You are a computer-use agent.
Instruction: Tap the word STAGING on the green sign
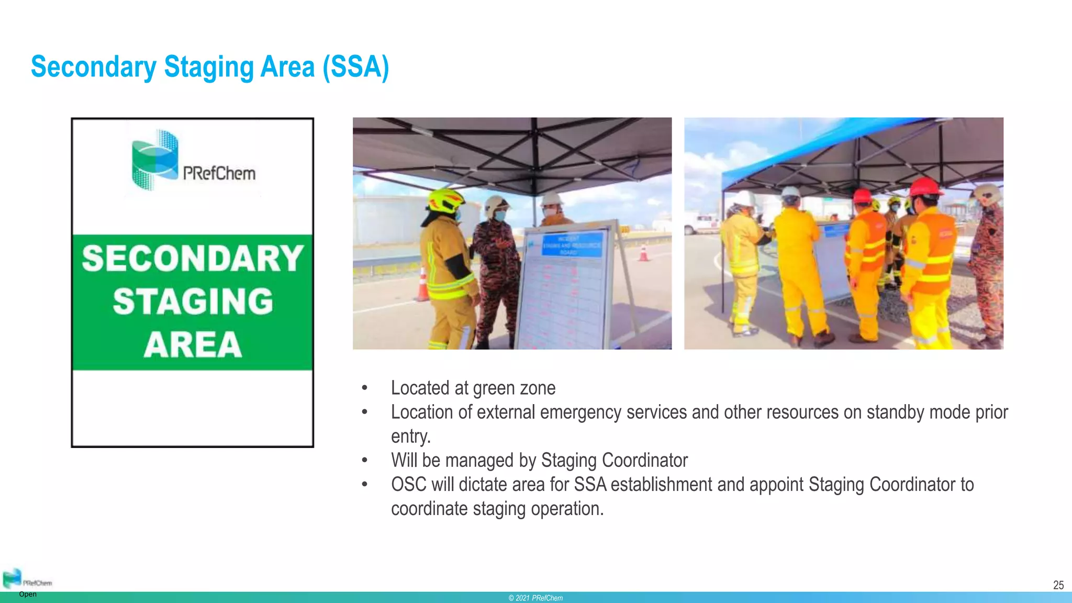click(193, 301)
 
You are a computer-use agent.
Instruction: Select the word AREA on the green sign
click(193, 344)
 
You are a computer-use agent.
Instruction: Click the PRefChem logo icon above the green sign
click(155, 159)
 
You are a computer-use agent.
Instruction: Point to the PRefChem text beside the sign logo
click(219, 173)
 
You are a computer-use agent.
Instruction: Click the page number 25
click(1058, 585)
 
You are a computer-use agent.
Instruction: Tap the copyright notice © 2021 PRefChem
click(535, 598)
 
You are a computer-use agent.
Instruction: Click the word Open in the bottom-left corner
click(28, 594)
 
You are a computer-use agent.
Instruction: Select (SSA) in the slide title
click(356, 67)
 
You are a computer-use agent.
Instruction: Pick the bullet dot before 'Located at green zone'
click(364, 388)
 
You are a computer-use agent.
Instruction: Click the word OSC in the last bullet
click(408, 485)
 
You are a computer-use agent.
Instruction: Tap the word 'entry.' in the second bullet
click(410, 436)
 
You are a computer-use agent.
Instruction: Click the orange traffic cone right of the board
click(643, 253)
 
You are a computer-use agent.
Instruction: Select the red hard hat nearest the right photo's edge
click(925, 187)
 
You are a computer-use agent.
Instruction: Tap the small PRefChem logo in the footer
click(13, 578)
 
